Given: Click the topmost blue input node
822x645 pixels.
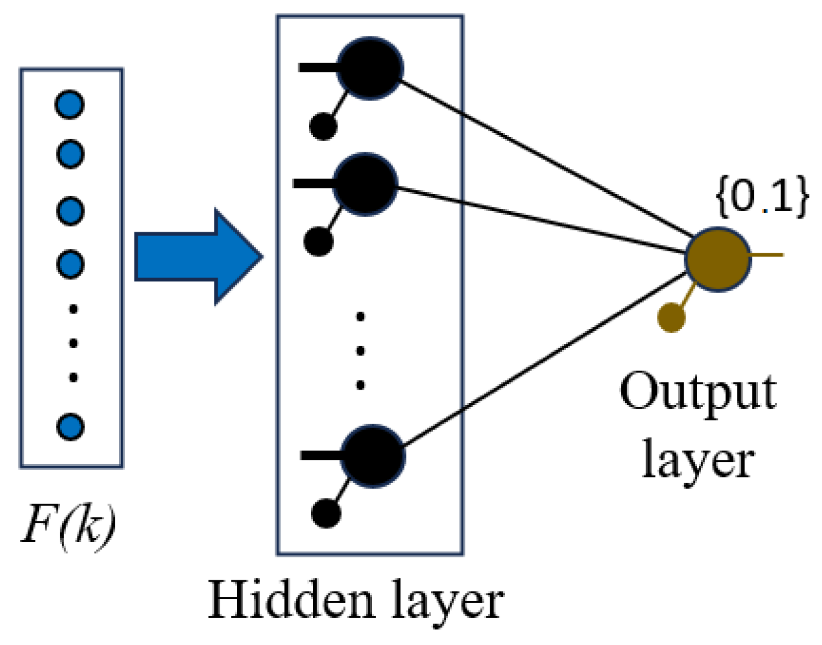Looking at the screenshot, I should click(x=70, y=104).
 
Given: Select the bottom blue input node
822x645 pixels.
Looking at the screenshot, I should click(x=70, y=426).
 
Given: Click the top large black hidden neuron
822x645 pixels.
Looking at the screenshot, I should click(x=369, y=68).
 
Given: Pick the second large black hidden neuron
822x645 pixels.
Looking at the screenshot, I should click(x=365, y=184).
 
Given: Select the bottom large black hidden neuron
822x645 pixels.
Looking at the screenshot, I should click(x=373, y=456).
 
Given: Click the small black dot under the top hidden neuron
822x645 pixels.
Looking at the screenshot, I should click(x=323, y=126).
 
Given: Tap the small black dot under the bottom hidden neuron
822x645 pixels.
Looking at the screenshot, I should click(x=326, y=513).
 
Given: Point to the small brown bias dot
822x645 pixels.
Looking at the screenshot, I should click(x=671, y=317).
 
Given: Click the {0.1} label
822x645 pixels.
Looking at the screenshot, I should click(x=762, y=197).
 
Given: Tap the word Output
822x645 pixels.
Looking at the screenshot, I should click(x=698, y=392).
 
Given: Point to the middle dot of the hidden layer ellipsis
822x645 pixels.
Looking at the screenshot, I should click(x=360, y=351).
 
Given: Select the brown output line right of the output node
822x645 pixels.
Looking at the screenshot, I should click(x=766, y=255).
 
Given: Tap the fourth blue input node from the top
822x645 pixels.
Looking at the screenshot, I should click(x=70, y=264).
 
